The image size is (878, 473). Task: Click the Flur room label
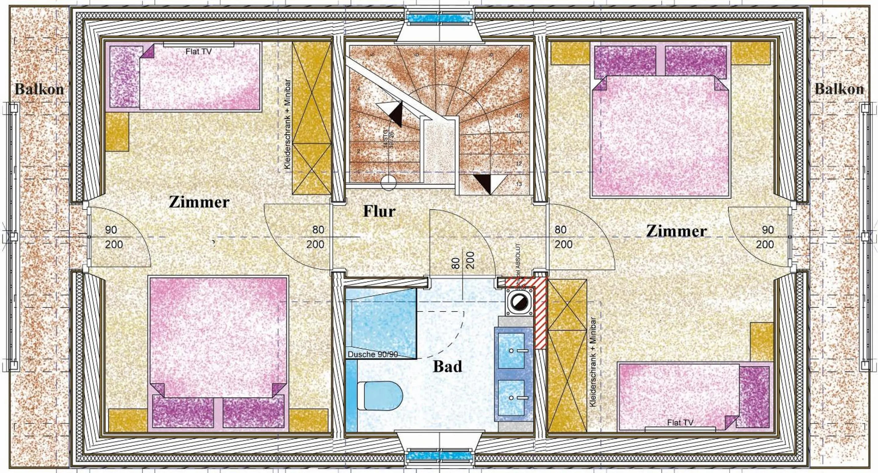click(379, 211)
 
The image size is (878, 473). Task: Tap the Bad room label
click(447, 366)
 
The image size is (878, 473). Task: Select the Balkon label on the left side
click(39, 89)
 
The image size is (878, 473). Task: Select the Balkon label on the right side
click(839, 89)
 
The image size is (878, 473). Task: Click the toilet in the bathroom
click(380, 396)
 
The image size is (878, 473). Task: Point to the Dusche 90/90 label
click(372, 354)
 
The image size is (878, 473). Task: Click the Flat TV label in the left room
click(198, 51)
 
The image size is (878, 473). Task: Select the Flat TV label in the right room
click(680, 422)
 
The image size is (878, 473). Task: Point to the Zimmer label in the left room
click(199, 202)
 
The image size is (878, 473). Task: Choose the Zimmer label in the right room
click(677, 231)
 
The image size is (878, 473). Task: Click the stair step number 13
click(519, 184)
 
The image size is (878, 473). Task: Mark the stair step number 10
click(519, 116)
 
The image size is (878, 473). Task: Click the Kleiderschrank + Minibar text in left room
click(288, 125)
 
